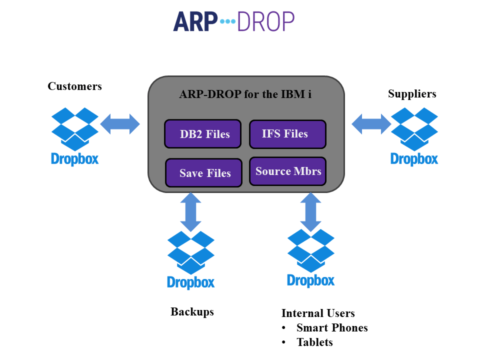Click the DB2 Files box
pyautogui.click(x=202, y=134)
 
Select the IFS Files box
pyautogui.click(x=287, y=134)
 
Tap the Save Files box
pyautogui.click(x=203, y=173)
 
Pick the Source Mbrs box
pyautogui.click(x=287, y=171)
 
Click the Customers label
pyautogui.click(x=74, y=86)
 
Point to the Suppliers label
pyautogui.click(x=412, y=93)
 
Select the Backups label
pyautogui.click(x=192, y=311)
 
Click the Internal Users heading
pyautogui.click(x=318, y=313)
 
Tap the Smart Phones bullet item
pyautogui.click(x=332, y=327)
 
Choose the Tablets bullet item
pyautogui.click(x=314, y=342)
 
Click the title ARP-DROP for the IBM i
pyautogui.click(x=245, y=94)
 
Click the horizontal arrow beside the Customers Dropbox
pyautogui.click(x=120, y=123)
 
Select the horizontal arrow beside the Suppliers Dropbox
pyautogui.click(x=371, y=123)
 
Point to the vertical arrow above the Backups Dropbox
pyautogui.click(x=190, y=212)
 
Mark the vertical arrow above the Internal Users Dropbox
pyautogui.click(x=310, y=212)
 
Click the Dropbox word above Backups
pyautogui.click(x=190, y=282)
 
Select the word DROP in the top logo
pyautogui.click(x=265, y=21)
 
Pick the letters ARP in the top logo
pyautogui.click(x=195, y=21)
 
